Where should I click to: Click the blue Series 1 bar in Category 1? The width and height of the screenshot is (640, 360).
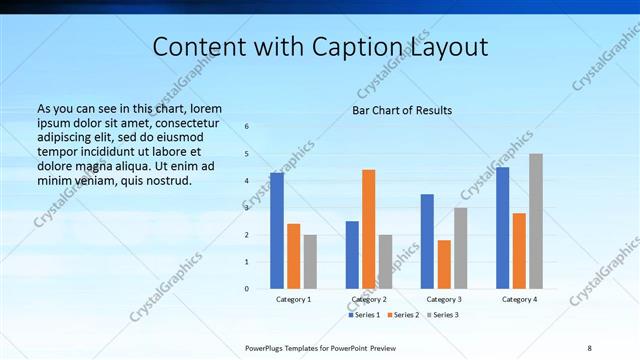277,231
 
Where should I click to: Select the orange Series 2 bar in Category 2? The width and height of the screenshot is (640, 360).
369,229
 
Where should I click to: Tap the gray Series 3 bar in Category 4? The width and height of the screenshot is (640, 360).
536,221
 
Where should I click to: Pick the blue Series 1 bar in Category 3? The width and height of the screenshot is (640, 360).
427,241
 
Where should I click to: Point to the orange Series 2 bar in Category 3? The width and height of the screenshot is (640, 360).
444,264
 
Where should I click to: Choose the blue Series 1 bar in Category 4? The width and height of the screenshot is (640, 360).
503,228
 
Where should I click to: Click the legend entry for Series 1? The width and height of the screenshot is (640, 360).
365,315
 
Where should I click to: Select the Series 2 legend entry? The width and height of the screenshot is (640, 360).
402,315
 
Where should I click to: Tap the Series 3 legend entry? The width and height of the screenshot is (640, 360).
441,315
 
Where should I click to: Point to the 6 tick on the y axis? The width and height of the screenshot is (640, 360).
246,127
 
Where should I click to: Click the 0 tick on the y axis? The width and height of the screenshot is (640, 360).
246,289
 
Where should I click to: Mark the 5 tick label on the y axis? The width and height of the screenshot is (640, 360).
246,154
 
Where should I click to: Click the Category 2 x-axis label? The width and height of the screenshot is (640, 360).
369,299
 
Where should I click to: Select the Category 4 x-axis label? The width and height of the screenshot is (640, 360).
519,299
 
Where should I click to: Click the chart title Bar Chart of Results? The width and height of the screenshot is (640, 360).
402,110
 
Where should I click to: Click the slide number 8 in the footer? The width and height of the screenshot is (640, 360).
589,347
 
